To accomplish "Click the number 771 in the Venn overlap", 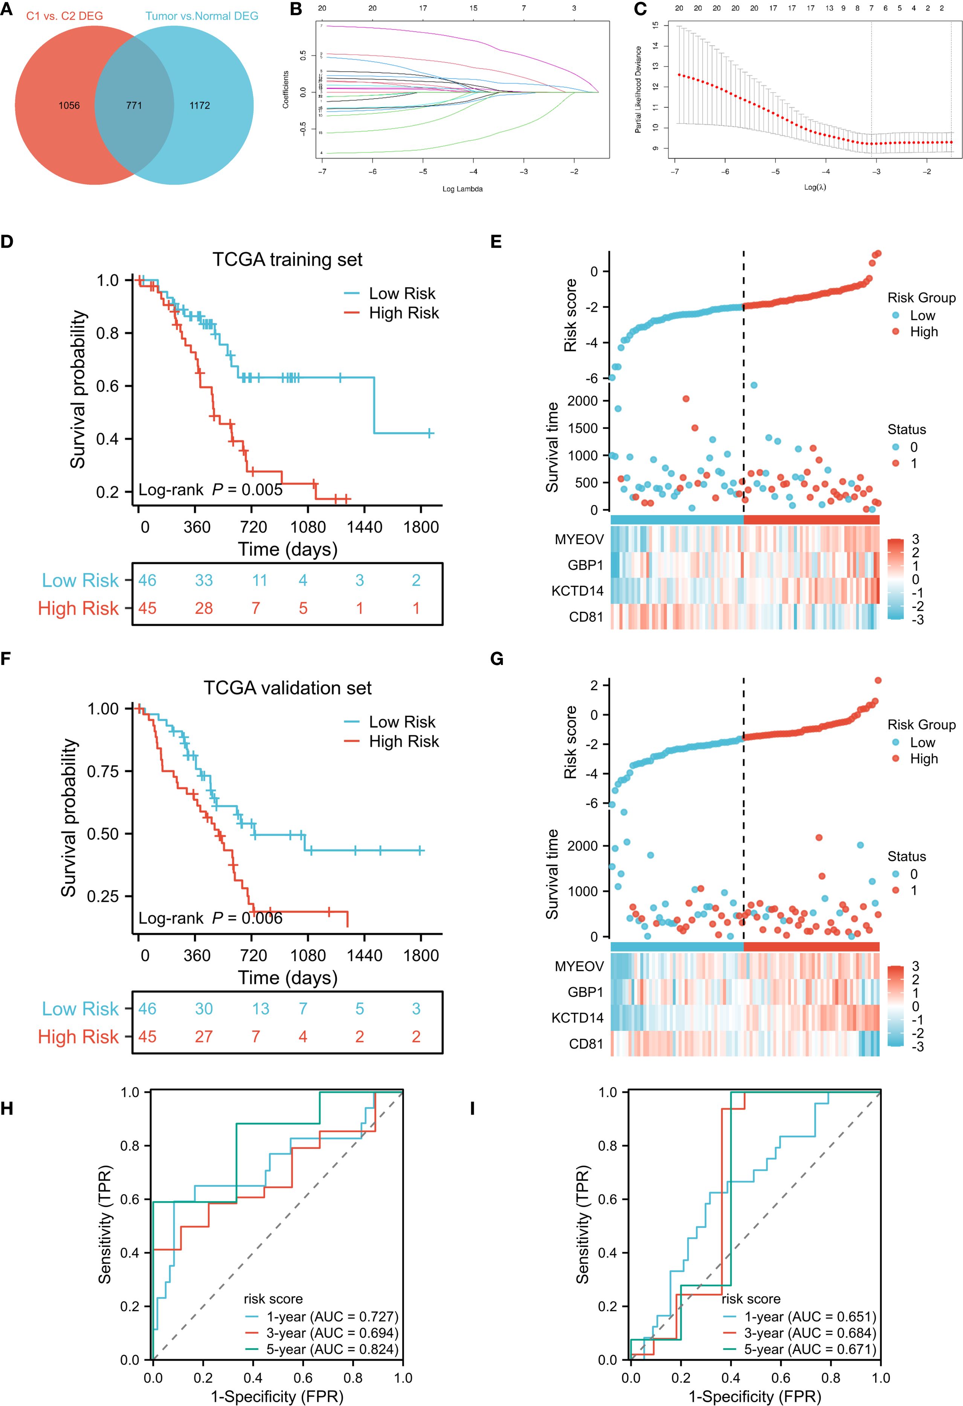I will (x=134, y=105).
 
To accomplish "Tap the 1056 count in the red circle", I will (x=69, y=105).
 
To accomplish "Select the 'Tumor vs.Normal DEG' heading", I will (x=201, y=16).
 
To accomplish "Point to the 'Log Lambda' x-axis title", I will (x=462, y=189).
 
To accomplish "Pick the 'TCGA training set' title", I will (x=287, y=260).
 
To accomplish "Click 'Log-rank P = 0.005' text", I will (x=210, y=490).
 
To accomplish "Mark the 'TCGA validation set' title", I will (x=287, y=688).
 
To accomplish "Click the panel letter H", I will (x=7, y=1108).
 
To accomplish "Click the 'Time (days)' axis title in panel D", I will (x=287, y=549).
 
